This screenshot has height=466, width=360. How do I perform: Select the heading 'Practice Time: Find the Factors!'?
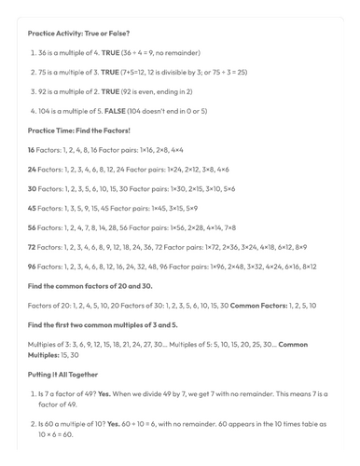point(78,130)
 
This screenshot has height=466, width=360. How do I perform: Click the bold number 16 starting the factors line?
point(32,149)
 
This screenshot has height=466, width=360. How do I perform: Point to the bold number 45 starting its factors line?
point(32,208)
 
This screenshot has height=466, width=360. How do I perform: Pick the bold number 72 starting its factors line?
point(32,247)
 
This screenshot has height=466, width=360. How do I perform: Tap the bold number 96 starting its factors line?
point(32,267)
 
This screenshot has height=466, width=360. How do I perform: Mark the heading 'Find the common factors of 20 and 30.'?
point(90,285)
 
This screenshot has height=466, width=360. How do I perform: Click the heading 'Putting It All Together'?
point(62,374)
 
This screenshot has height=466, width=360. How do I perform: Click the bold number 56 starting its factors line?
point(32,227)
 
